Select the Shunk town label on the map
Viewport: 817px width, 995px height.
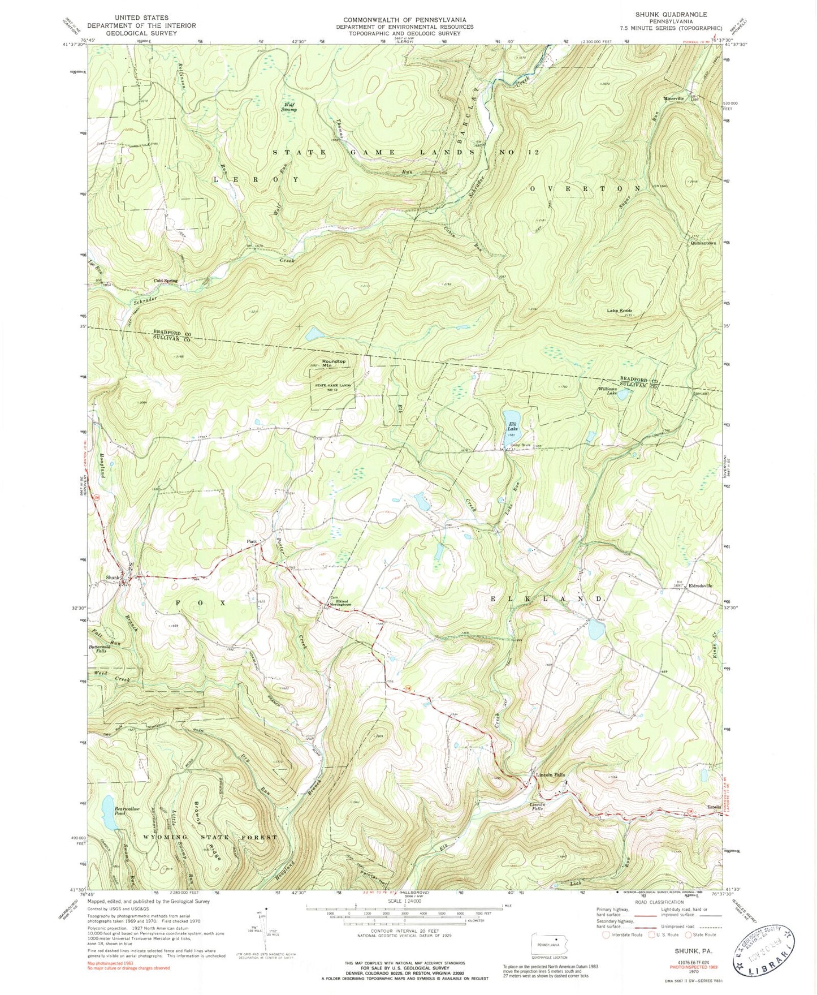tap(113, 578)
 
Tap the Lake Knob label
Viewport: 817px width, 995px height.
tap(619, 311)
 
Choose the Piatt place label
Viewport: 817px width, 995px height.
tap(252, 541)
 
